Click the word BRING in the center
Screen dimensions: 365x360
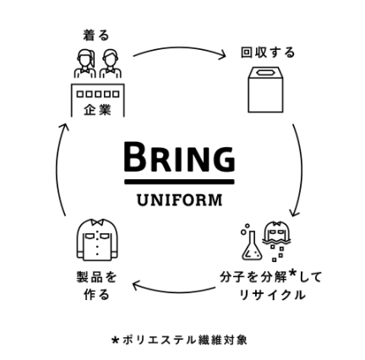(179, 157)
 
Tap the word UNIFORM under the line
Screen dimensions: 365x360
(179, 200)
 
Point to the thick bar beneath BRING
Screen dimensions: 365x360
(179, 182)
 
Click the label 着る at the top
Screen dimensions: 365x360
(96, 35)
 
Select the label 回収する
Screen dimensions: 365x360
(268, 52)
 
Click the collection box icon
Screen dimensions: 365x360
(265, 90)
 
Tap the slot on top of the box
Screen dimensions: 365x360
(265, 73)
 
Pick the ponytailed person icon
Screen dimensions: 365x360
(85, 64)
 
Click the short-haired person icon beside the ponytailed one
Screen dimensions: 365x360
(111, 64)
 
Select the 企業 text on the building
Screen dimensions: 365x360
(97, 110)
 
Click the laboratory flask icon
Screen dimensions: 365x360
(251, 242)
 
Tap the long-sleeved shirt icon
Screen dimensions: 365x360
(97, 239)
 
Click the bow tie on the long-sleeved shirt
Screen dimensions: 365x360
(97, 221)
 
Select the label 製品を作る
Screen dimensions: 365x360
(96, 286)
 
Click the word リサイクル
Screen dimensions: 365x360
(272, 295)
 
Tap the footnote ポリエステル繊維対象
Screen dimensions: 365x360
(185, 340)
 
